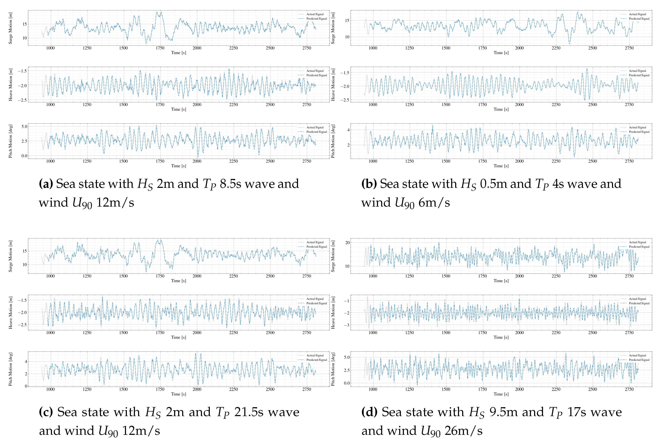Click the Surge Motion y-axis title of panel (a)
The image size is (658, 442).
pos(10,28)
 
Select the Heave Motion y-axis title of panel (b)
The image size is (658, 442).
pos(333,84)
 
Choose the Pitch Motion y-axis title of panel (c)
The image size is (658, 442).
pos(10,369)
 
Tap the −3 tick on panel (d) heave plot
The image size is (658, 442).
pos(346,325)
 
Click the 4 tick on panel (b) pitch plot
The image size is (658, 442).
pos(348,130)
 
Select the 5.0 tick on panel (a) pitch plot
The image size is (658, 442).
pos(24,127)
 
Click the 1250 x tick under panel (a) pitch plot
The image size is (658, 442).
pos(87,161)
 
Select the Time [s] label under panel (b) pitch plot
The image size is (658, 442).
pos(501,166)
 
